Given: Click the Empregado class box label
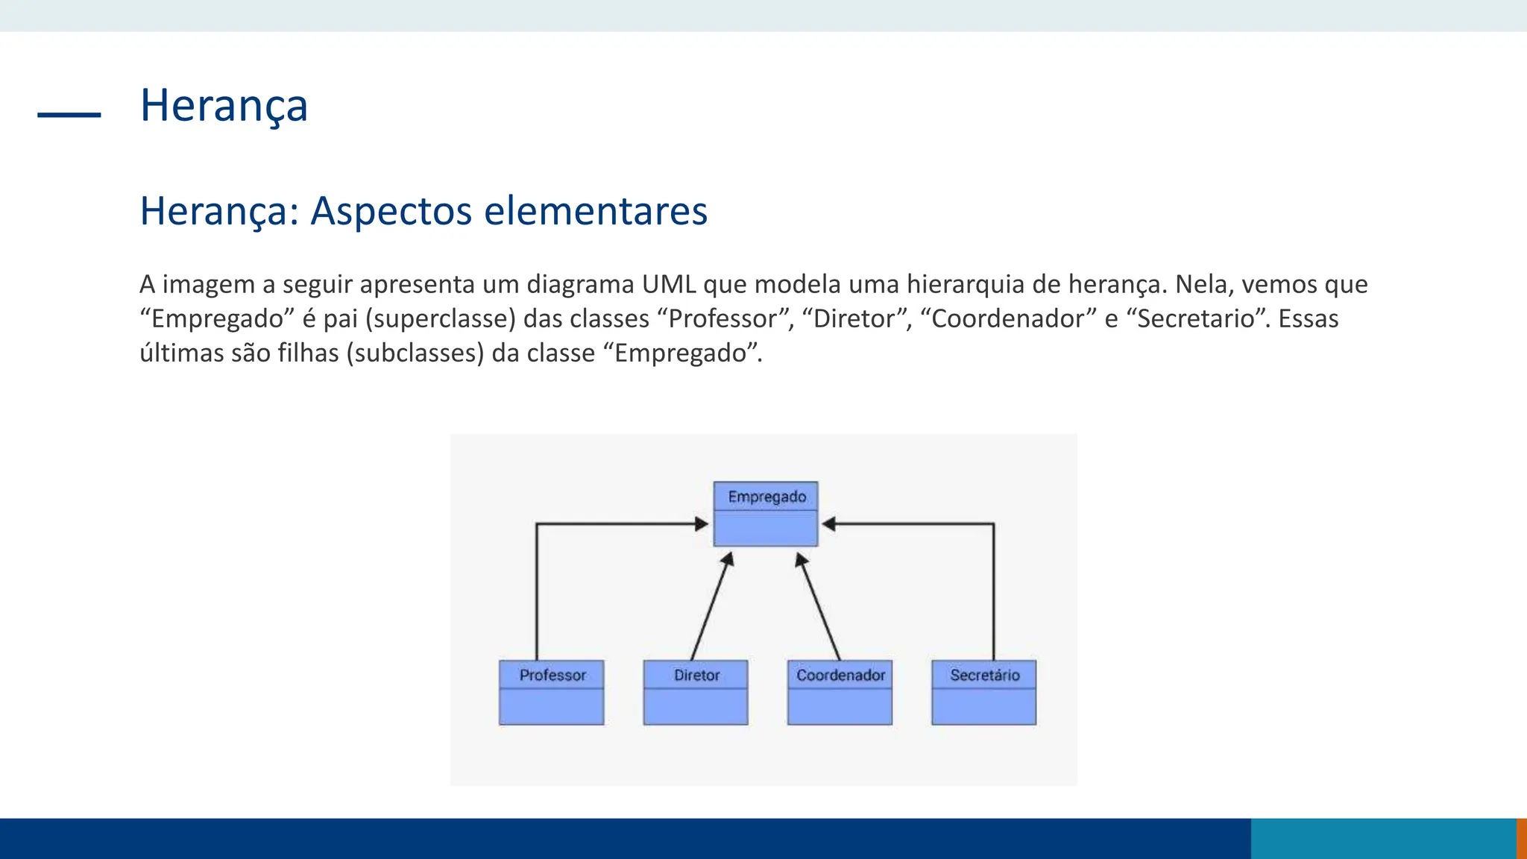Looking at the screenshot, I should pos(766,497).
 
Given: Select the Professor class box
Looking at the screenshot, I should pos(552,693).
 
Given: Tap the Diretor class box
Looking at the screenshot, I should pos(696,693).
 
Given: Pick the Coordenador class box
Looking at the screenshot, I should pos(840,693).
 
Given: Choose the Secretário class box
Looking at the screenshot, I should pos(984,693).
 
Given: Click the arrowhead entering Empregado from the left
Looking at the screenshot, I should pos(701,524).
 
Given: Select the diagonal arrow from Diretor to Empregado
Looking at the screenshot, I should pos(711,608).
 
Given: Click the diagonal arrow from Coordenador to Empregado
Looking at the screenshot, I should pos(819,608).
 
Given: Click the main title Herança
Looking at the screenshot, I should pos(224,105).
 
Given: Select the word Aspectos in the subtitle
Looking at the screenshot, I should pos(391,211).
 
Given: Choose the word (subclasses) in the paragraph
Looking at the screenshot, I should pos(415,353).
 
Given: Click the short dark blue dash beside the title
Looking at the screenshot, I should pos(69,114).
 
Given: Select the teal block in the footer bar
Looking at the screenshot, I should pos(1383,838).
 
